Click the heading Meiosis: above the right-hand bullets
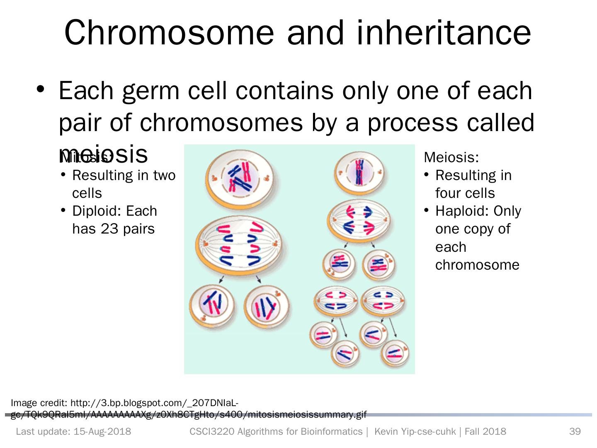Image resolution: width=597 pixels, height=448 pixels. click(x=451, y=158)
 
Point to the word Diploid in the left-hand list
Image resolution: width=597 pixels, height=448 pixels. click(x=95, y=211)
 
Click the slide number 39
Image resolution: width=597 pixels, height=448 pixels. click(x=575, y=432)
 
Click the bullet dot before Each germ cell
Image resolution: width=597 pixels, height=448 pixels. click(x=40, y=90)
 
